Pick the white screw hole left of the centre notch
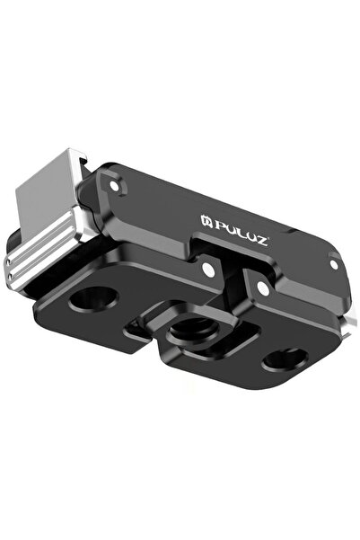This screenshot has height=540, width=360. coord(208,268)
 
